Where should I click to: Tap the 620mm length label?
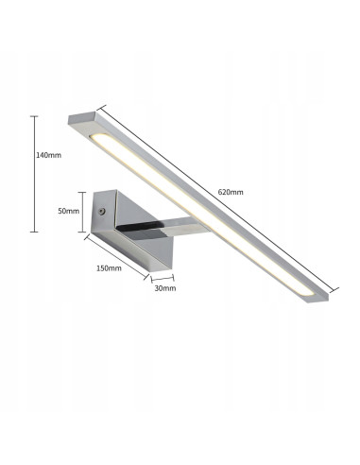point(231,192)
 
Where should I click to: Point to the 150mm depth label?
point(110,268)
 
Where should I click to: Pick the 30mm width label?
point(164,288)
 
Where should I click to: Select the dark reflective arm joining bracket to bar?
point(142,227)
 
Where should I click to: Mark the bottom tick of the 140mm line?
point(35,231)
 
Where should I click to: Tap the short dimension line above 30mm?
point(163,278)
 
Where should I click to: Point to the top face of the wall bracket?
point(132,200)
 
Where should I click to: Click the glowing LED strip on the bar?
point(198,217)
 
